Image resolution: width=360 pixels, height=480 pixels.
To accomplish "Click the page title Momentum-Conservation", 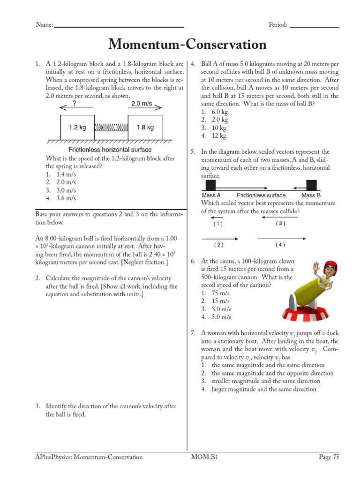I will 187,45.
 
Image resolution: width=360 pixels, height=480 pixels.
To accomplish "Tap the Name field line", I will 119,27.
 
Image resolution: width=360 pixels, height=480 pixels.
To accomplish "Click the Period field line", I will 314,27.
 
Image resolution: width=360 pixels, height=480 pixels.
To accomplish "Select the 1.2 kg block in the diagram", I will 77,127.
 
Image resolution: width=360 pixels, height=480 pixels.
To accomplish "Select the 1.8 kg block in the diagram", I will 145,127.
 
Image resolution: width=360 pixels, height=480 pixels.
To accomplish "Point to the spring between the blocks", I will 111,127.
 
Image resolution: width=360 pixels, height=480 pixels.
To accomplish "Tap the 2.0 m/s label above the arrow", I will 142,104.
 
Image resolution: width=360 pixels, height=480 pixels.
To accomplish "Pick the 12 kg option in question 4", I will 219,136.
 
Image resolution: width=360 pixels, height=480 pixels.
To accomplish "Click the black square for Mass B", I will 311,185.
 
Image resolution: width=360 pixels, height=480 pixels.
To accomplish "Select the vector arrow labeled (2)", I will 219,239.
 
